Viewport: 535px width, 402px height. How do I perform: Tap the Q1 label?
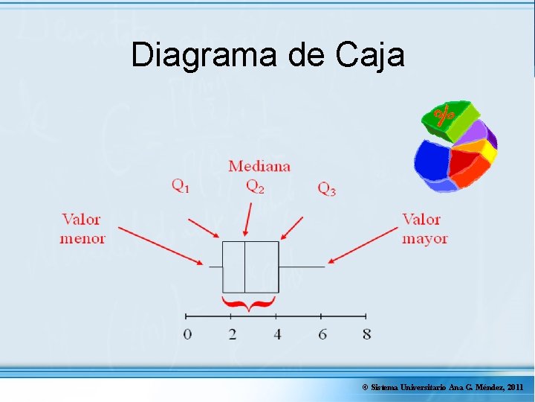(181, 187)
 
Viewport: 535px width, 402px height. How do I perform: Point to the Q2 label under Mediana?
(255, 187)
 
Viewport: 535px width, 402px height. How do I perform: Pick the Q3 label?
(327, 189)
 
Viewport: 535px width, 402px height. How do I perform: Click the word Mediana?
(259, 166)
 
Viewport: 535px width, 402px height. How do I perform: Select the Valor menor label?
(82, 229)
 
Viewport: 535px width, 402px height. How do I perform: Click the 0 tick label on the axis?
(187, 334)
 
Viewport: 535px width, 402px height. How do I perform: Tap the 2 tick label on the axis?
(233, 334)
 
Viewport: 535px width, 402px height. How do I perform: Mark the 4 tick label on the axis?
(277, 334)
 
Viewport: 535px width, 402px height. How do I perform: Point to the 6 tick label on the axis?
(322, 334)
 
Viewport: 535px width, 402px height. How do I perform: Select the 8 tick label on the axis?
(367, 334)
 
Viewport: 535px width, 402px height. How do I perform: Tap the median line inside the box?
(244, 267)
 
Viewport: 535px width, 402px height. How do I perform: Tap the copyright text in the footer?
(443, 388)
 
